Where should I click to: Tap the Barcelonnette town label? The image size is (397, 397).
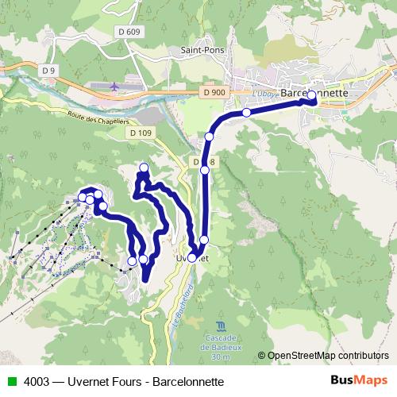[x=315, y=93]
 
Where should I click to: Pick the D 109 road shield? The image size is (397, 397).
[x=140, y=133]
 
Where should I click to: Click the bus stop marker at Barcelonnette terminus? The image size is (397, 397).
[x=311, y=96]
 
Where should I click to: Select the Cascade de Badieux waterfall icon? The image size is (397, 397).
[x=220, y=326]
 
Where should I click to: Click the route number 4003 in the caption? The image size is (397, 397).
[x=34, y=381]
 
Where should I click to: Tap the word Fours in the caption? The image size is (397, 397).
[x=128, y=381]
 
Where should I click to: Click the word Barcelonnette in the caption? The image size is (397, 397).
[x=187, y=381]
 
